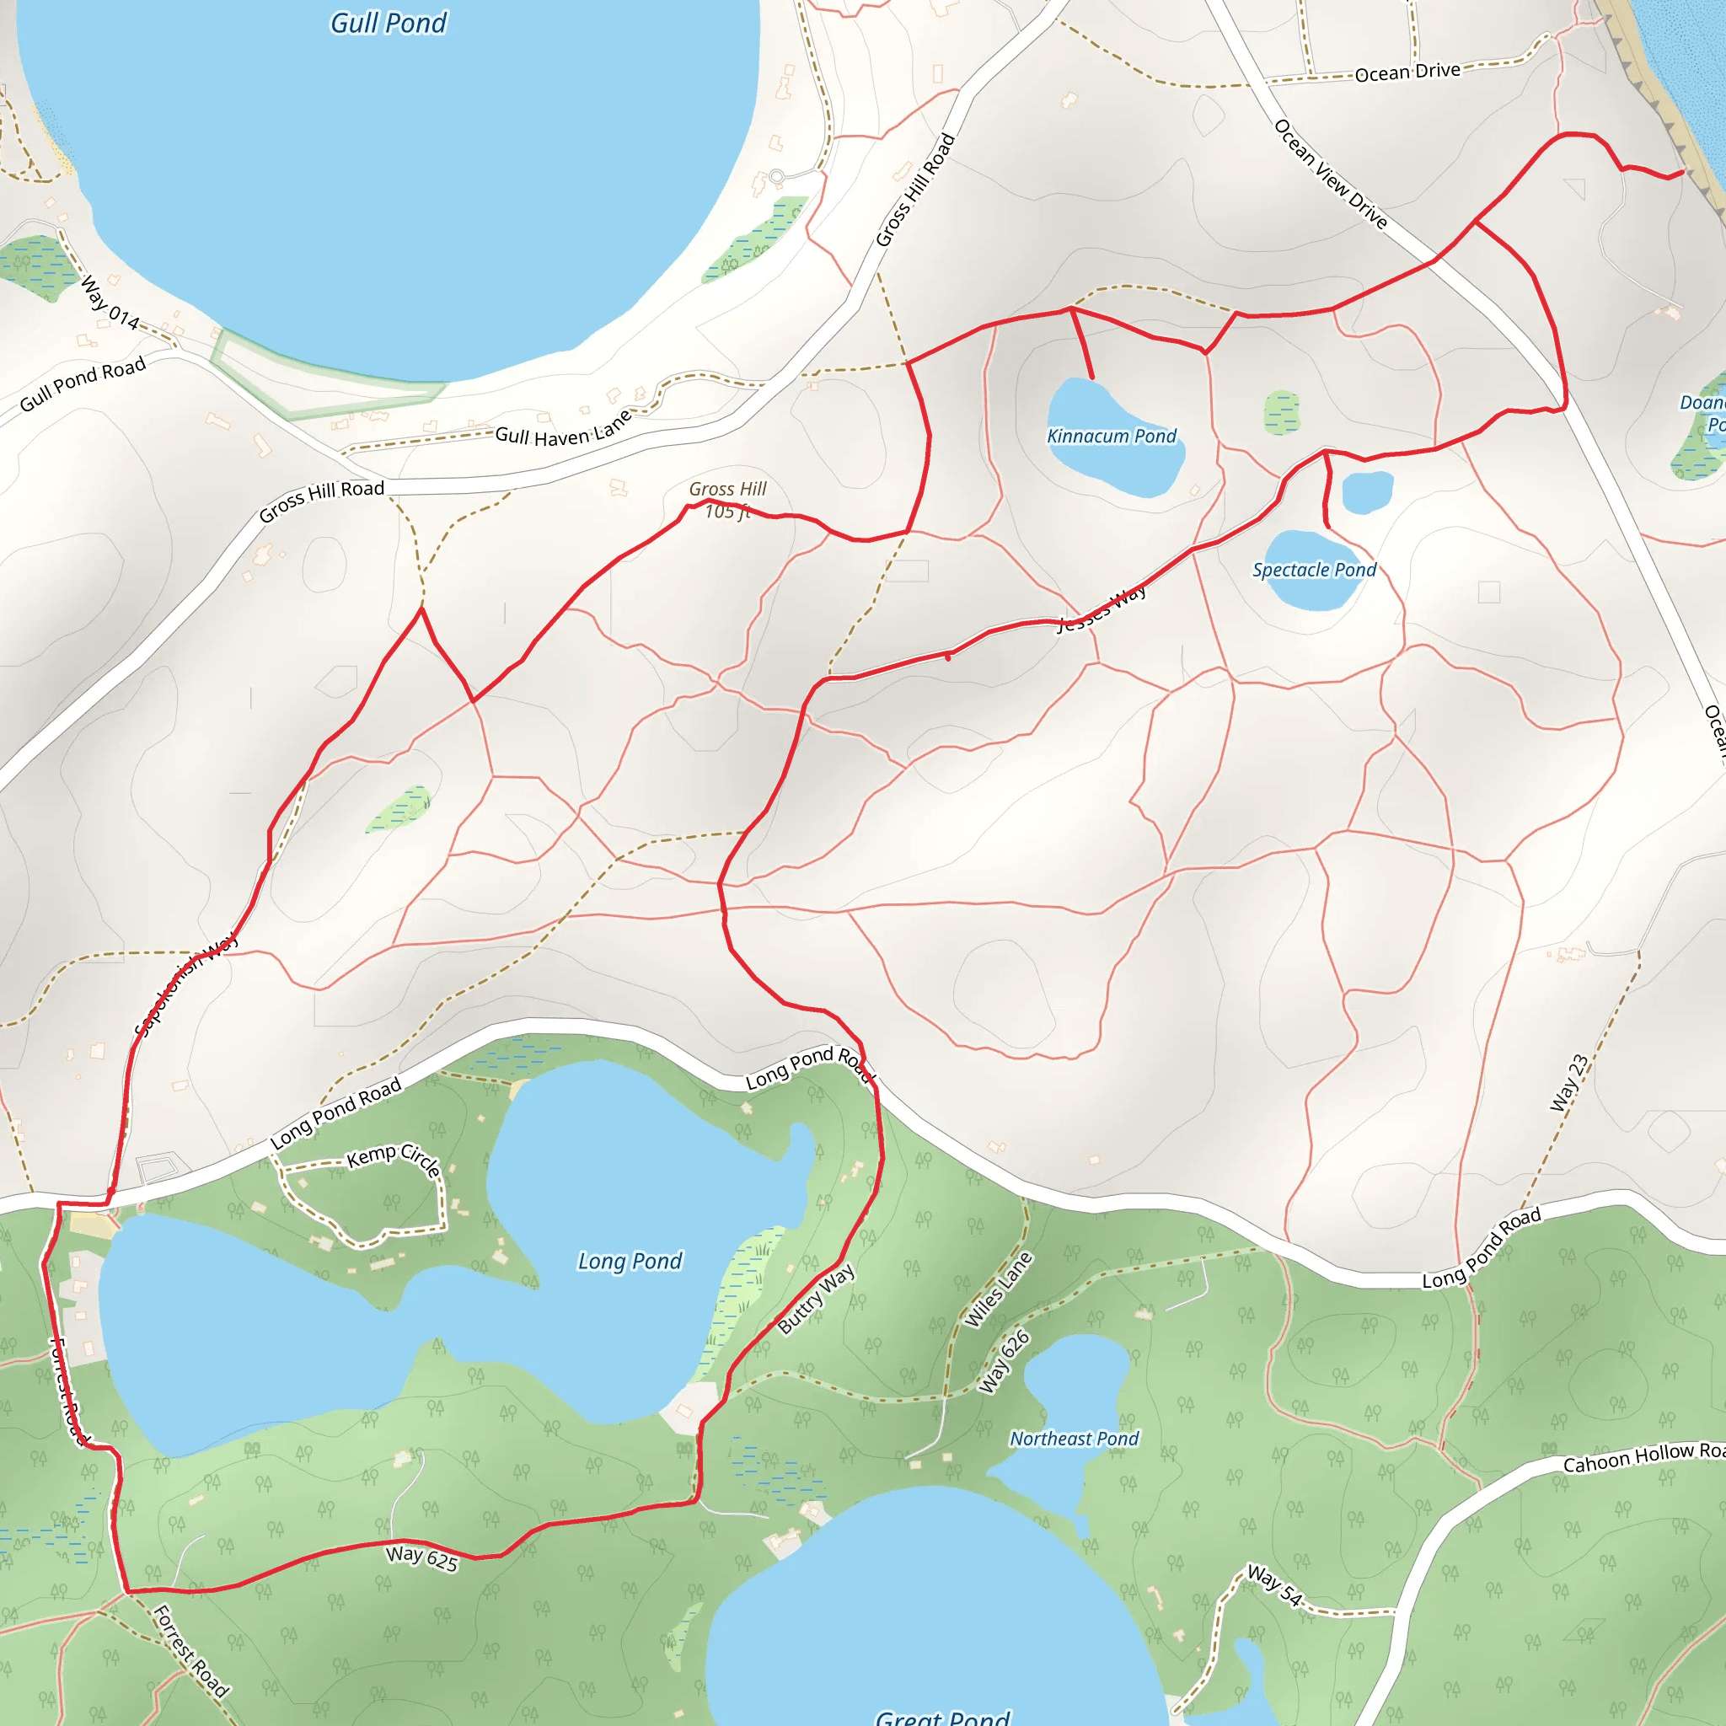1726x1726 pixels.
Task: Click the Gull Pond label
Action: [389, 24]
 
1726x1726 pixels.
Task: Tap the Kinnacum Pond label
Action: [1112, 436]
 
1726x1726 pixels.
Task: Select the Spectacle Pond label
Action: [1313, 570]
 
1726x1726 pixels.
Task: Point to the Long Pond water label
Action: [630, 1261]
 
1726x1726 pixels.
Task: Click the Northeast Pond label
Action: [1074, 1439]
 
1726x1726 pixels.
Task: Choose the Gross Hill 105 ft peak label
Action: [727, 500]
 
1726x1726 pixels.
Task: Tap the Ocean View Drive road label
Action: [1330, 174]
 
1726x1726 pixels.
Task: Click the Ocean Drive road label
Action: [1407, 72]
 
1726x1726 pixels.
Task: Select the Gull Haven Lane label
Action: [564, 430]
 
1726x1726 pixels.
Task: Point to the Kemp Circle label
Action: [394, 1158]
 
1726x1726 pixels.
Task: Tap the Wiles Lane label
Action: [999, 1289]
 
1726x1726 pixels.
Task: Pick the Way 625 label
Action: [421, 1558]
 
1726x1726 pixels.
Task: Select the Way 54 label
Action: [1275, 1584]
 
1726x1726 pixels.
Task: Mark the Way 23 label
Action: [1568, 1083]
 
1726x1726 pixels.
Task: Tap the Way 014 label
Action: [110, 303]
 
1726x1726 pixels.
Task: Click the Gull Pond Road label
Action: [83, 384]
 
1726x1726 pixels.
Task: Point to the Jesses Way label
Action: [1102, 608]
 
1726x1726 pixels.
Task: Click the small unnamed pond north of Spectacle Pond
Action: [1367, 491]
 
